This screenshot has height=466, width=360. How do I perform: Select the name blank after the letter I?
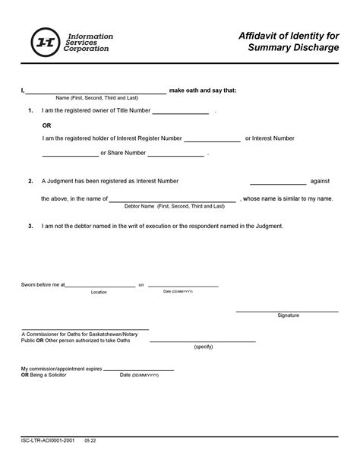coord(95,91)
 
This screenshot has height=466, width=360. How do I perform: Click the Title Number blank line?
coord(181,113)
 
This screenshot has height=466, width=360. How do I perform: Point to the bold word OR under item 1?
coord(46,125)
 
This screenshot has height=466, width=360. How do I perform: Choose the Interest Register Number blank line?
coord(212,141)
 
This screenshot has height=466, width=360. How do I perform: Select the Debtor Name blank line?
coord(172,201)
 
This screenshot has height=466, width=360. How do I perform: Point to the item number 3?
coord(30,227)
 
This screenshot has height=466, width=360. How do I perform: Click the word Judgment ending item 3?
coord(269,227)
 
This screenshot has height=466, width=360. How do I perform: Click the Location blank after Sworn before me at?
coord(100,287)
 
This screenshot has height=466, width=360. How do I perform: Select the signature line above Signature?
coord(286,310)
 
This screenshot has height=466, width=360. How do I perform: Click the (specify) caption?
coord(204,347)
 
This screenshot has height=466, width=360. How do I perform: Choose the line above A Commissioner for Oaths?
coord(84,330)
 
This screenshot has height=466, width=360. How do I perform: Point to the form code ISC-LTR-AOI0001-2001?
coord(48,439)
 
